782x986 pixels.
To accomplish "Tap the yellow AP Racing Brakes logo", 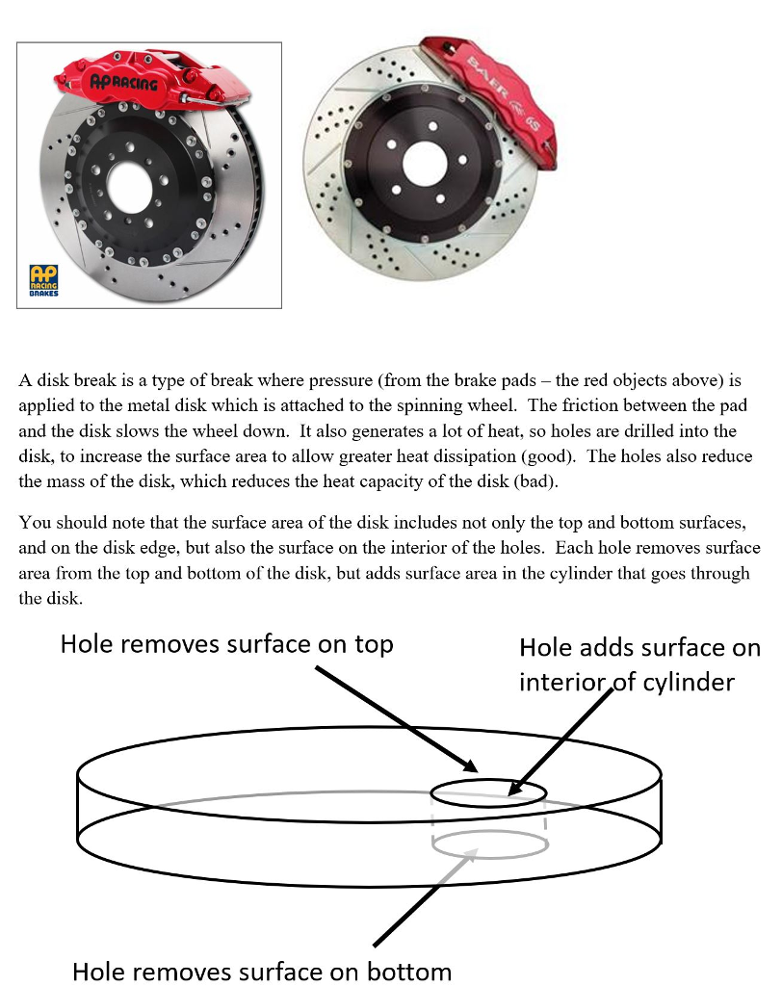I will tap(43, 279).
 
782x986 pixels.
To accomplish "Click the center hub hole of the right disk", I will tap(421, 163).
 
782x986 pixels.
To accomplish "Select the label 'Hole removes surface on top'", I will tap(226, 644).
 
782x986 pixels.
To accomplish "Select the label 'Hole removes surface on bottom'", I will tap(262, 971).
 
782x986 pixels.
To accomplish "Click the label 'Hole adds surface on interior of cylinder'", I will tap(639, 664).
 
